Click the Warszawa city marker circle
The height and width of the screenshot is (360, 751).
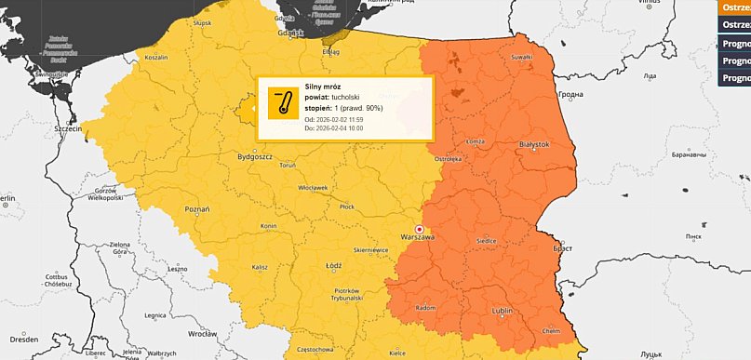click(419, 228)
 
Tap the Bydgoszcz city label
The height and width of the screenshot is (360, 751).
click(254, 158)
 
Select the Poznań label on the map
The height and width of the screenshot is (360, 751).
click(196, 210)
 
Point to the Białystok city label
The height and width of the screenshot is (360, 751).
click(533, 145)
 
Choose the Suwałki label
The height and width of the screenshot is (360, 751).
click(520, 57)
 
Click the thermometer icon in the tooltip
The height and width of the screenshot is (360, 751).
click(282, 103)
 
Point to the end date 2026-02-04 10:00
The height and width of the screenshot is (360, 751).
click(344, 128)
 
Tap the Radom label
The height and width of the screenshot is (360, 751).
click(427, 308)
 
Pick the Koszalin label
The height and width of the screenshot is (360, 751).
click(155, 57)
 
